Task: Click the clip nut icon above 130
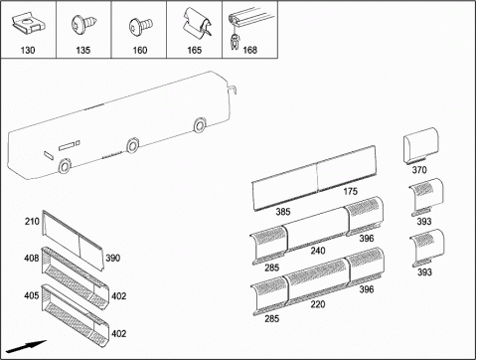(28, 24)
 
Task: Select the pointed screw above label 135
(84, 24)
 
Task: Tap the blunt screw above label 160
(140, 26)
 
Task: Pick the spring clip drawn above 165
(198, 22)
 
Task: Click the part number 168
(249, 50)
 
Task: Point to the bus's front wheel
(64, 166)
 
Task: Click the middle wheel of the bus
(133, 145)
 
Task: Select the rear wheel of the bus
(200, 125)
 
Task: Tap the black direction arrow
(26, 347)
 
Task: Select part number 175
(350, 191)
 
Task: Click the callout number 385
(283, 212)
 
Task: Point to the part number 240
(318, 251)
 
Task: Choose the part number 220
(318, 304)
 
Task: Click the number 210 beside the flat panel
(32, 221)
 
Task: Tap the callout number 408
(32, 258)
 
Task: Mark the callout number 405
(32, 295)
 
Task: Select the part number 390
(112, 258)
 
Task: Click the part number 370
(419, 170)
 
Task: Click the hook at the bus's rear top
(233, 90)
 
